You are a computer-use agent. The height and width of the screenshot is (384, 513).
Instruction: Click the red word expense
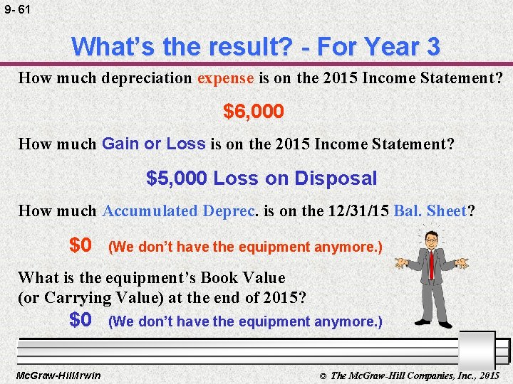point(225,78)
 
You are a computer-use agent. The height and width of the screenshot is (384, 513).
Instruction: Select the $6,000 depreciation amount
point(254,112)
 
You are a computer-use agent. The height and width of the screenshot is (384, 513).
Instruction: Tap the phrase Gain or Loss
point(153,144)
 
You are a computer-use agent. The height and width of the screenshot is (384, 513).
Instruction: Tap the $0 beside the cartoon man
point(81,246)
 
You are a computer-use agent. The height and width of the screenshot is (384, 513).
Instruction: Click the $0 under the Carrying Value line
point(81,321)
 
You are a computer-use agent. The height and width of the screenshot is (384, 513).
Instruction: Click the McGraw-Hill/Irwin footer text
point(58,375)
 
